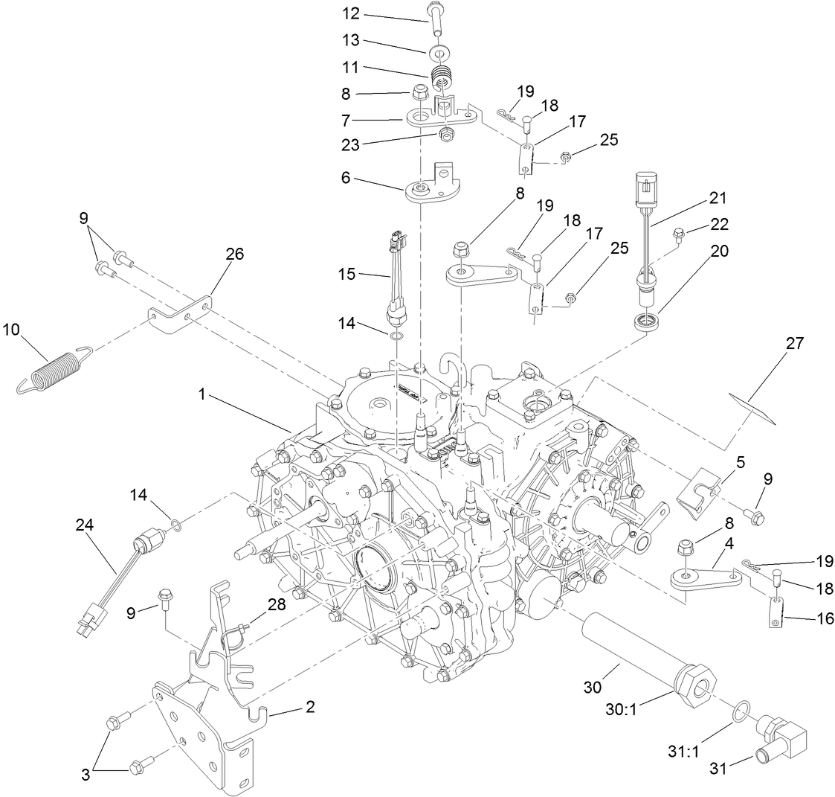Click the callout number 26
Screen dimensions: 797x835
tap(235, 254)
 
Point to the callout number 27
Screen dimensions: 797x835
tap(796, 343)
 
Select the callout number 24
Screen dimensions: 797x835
tap(85, 525)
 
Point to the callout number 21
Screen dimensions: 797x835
tap(718, 199)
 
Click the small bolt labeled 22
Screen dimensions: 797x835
tap(677, 236)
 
